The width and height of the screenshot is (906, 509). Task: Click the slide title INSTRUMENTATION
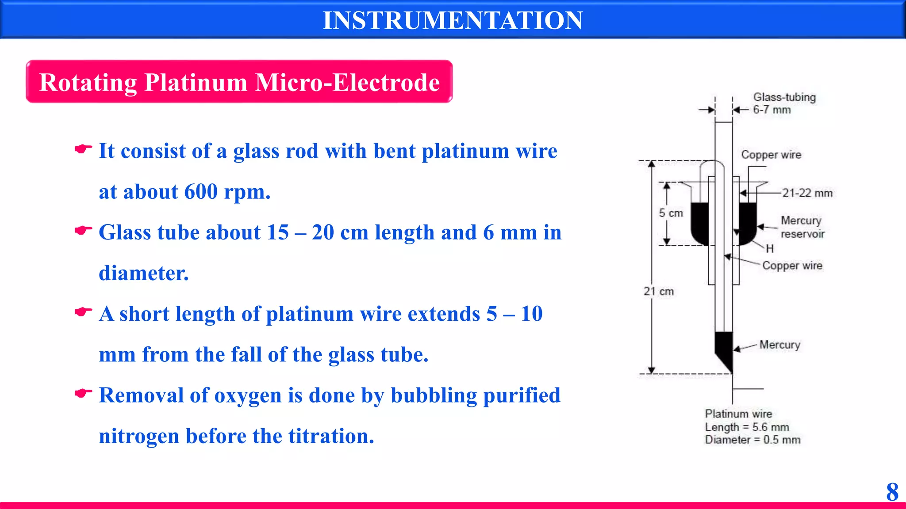(x=453, y=20)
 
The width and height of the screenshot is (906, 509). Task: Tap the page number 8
(x=892, y=492)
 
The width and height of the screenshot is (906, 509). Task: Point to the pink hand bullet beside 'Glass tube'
(x=83, y=230)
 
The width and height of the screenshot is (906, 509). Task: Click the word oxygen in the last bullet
(x=248, y=395)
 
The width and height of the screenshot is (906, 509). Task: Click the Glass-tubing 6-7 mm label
(x=784, y=103)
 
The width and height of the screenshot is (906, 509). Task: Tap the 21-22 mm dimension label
(x=807, y=193)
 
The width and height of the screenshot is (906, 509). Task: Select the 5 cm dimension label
(x=671, y=213)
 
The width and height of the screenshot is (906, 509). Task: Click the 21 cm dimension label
(x=658, y=292)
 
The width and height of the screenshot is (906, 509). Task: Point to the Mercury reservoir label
(x=802, y=227)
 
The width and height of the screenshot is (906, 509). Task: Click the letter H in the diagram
(x=770, y=249)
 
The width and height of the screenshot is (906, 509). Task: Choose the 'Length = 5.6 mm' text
(x=747, y=427)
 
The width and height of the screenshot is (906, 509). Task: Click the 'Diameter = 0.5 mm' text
(x=752, y=440)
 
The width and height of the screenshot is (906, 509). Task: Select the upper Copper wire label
(x=771, y=155)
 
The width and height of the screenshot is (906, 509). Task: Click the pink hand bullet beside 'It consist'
(x=83, y=149)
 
